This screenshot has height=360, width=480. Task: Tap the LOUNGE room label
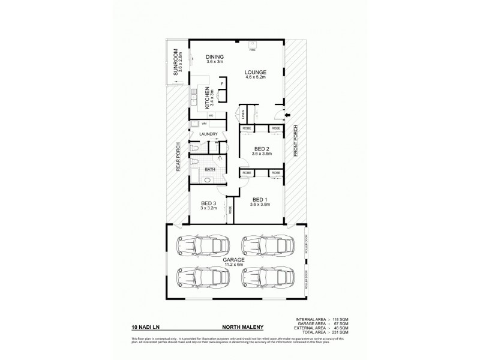pyautogui.click(x=255, y=72)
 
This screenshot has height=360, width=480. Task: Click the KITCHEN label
pyautogui.click(x=207, y=95)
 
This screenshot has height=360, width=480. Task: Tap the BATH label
pyautogui.click(x=210, y=170)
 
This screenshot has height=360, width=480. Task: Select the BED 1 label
pyautogui.click(x=259, y=199)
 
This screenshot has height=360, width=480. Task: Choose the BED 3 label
pyautogui.click(x=208, y=204)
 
